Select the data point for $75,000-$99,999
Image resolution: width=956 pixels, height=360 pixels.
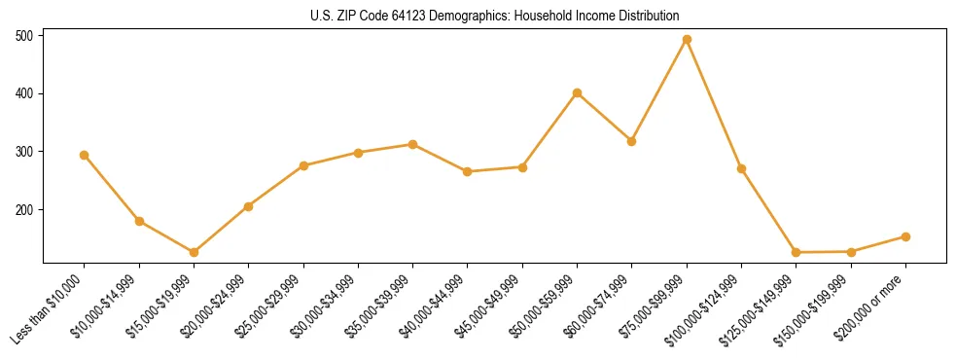687,40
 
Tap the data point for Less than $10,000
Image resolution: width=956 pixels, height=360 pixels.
85,155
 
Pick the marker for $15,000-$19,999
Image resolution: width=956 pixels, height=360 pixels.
194,252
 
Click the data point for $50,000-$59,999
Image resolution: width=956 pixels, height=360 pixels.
577,93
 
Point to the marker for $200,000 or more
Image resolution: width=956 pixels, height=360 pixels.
905,236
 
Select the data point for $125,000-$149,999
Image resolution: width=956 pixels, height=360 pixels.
796,252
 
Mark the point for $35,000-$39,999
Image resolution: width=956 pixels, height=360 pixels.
412,144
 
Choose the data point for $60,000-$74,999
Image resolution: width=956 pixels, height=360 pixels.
632,141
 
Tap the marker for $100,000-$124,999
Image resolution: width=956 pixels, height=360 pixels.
741,168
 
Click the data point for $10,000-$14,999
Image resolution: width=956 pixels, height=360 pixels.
139,221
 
